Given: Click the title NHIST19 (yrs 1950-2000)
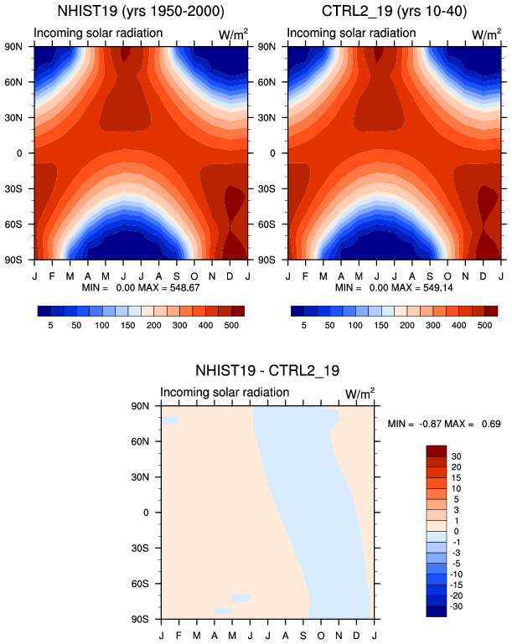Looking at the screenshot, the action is click(x=141, y=11).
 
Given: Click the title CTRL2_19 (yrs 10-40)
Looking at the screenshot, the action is click(x=394, y=11).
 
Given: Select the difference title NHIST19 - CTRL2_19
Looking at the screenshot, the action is click(x=267, y=370).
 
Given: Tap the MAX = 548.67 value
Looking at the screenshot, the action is click(x=169, y=287).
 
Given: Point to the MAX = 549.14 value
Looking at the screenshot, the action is click(x=422, y=287).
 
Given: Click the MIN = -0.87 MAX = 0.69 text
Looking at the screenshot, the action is click(x=444, y=424).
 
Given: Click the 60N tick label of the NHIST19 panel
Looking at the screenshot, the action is click(x=13, y=82).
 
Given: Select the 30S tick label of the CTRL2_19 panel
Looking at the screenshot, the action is click(x=266, y=189).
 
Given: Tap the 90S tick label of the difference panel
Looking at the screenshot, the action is click(x=140, y=619).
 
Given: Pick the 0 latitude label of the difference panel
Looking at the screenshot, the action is click(x=146, y=513).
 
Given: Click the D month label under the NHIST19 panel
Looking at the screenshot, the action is click(x=230, y=276).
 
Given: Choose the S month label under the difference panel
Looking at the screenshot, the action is click(x=303, y=636).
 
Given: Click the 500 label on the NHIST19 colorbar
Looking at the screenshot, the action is click(x=231, y=325).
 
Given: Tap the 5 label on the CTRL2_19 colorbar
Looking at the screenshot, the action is click(x=303, y=325).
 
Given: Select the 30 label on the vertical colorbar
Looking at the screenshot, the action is click(x=456, y=456).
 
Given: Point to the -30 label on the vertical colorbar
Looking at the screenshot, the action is click(x=457, y=606).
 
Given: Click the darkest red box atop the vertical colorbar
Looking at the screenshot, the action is click(x=437, y=451).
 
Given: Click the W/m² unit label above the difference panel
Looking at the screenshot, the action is click(x=360, y=394).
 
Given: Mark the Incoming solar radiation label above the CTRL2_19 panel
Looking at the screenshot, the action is click(x=351, y=33).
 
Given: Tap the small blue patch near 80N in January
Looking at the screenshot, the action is click(x=171, y=420).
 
